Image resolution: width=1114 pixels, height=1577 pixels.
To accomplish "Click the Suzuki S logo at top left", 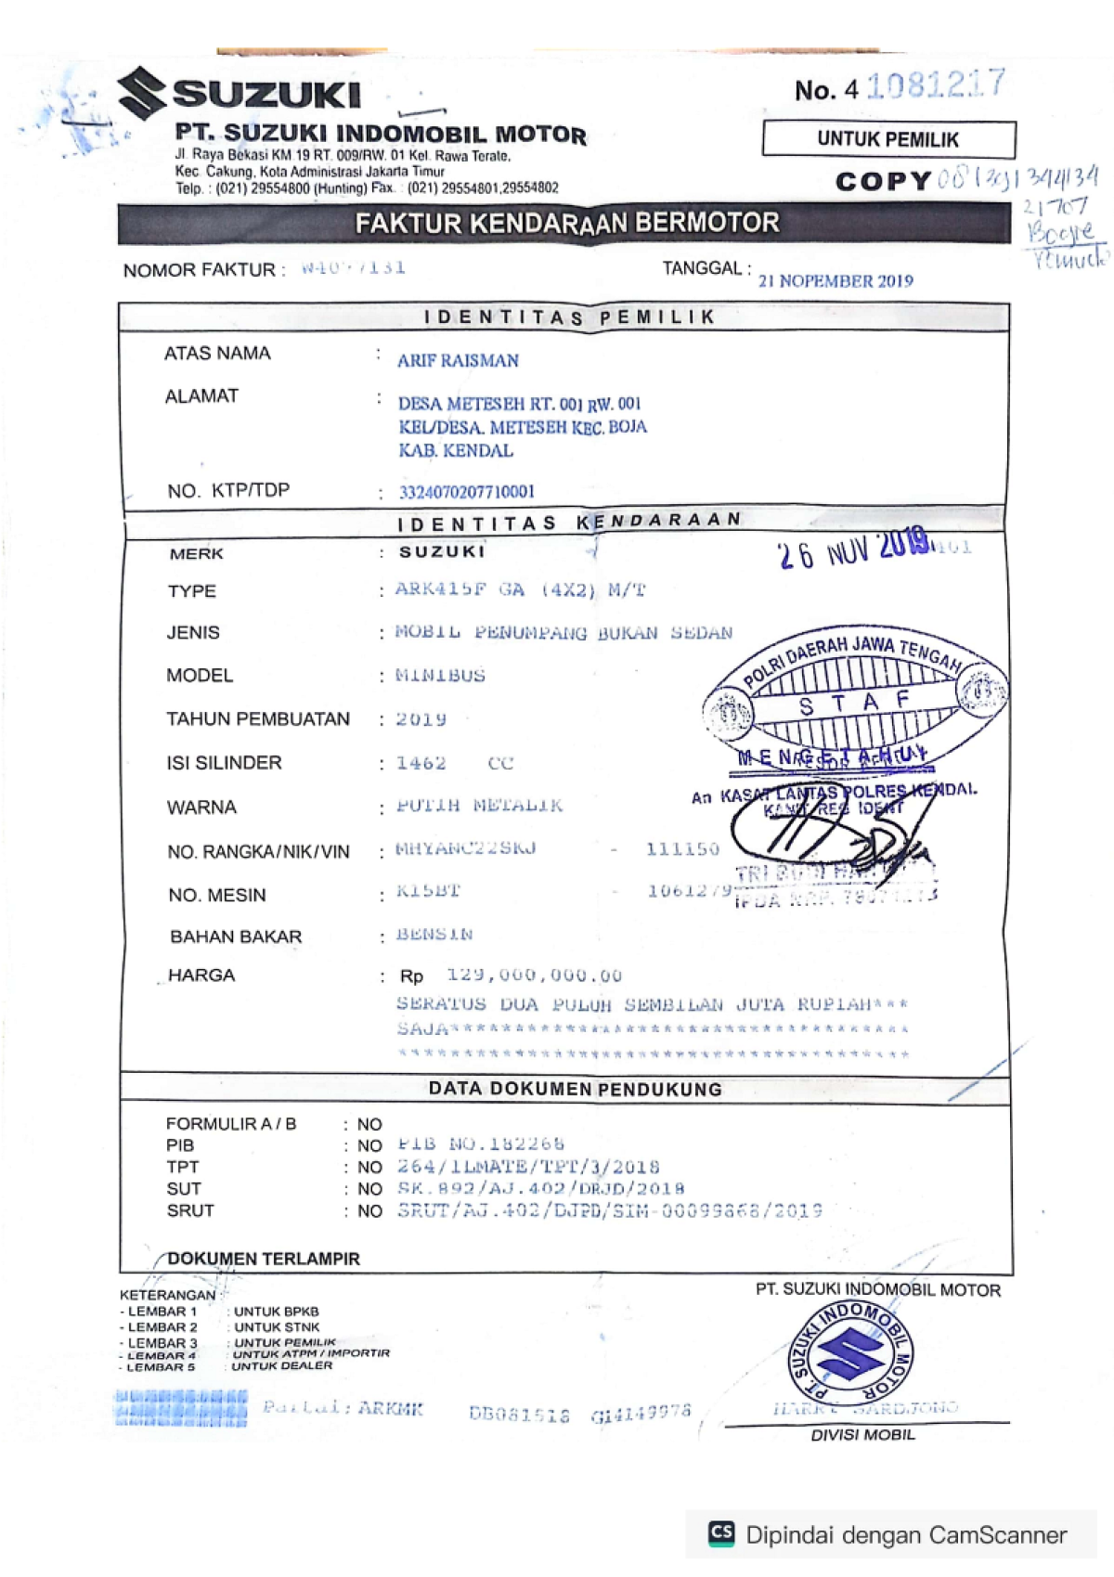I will click(x=142, y=93).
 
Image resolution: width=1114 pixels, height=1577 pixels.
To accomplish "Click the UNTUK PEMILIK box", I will click(x=888, y=140).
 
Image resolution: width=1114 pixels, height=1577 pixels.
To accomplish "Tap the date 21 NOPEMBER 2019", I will click(x=835, y=281).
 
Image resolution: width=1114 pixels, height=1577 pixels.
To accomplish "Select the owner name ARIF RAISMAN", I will click(x=458, y=361).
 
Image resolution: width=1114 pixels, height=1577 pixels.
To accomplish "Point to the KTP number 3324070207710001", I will click(x=467, y=492).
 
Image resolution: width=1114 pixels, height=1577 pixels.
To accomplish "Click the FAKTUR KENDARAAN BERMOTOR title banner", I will click(x=566, y=224).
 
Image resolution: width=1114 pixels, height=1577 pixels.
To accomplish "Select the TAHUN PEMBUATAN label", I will click(x=258, y=719).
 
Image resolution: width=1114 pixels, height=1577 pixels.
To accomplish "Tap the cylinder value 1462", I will click(x=421, y=763).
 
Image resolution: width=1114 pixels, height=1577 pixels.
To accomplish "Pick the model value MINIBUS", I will click(x=440, y=676).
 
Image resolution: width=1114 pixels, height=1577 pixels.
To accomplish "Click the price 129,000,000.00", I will click(x=534, y=976).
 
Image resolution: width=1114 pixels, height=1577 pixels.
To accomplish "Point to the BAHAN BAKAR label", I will click(x=236, y=937).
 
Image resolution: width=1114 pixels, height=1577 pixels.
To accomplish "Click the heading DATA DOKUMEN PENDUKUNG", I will click(x=576, y=1089).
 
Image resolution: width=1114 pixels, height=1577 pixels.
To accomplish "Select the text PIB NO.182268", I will click(x=481, y=1144).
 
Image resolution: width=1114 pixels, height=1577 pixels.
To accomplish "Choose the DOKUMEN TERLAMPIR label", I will click(x=264, y=1260).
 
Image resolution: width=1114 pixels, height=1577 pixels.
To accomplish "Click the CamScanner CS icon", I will click(x=721, y=1532).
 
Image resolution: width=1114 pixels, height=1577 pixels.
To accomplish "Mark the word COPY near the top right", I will click(x=883, y=182).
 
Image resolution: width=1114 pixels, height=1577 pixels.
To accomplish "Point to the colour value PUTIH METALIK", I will click(x=479, y=806).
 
